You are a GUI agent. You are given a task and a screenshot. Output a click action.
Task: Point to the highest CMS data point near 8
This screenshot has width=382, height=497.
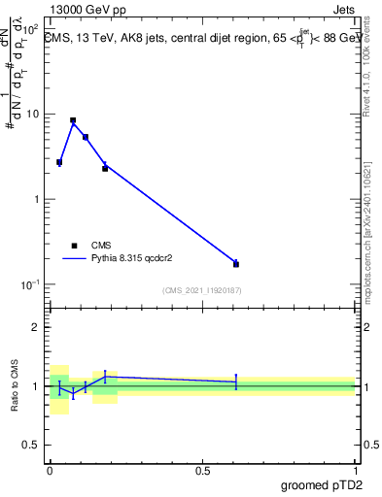click(73, 120)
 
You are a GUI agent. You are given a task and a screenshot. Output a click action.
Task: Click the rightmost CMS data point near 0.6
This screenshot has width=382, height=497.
click(235, 263)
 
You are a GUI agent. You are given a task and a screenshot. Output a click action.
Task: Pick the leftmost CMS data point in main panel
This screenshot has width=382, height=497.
click(59, 162)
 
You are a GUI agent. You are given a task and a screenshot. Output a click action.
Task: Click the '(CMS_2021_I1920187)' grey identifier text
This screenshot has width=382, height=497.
click(201, 289)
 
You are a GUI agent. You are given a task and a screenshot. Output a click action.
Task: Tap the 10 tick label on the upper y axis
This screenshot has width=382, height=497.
click(33, 115)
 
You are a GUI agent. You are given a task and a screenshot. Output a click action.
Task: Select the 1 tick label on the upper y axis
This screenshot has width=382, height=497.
click(36, 200)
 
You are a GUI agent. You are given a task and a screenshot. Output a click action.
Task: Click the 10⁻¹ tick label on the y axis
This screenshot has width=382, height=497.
click(31, 284)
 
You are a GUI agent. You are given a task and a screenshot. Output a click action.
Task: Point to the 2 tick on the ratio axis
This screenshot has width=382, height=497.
click(36, 327)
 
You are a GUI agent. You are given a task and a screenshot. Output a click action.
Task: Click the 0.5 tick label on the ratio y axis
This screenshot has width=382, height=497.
click(31, 446)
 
